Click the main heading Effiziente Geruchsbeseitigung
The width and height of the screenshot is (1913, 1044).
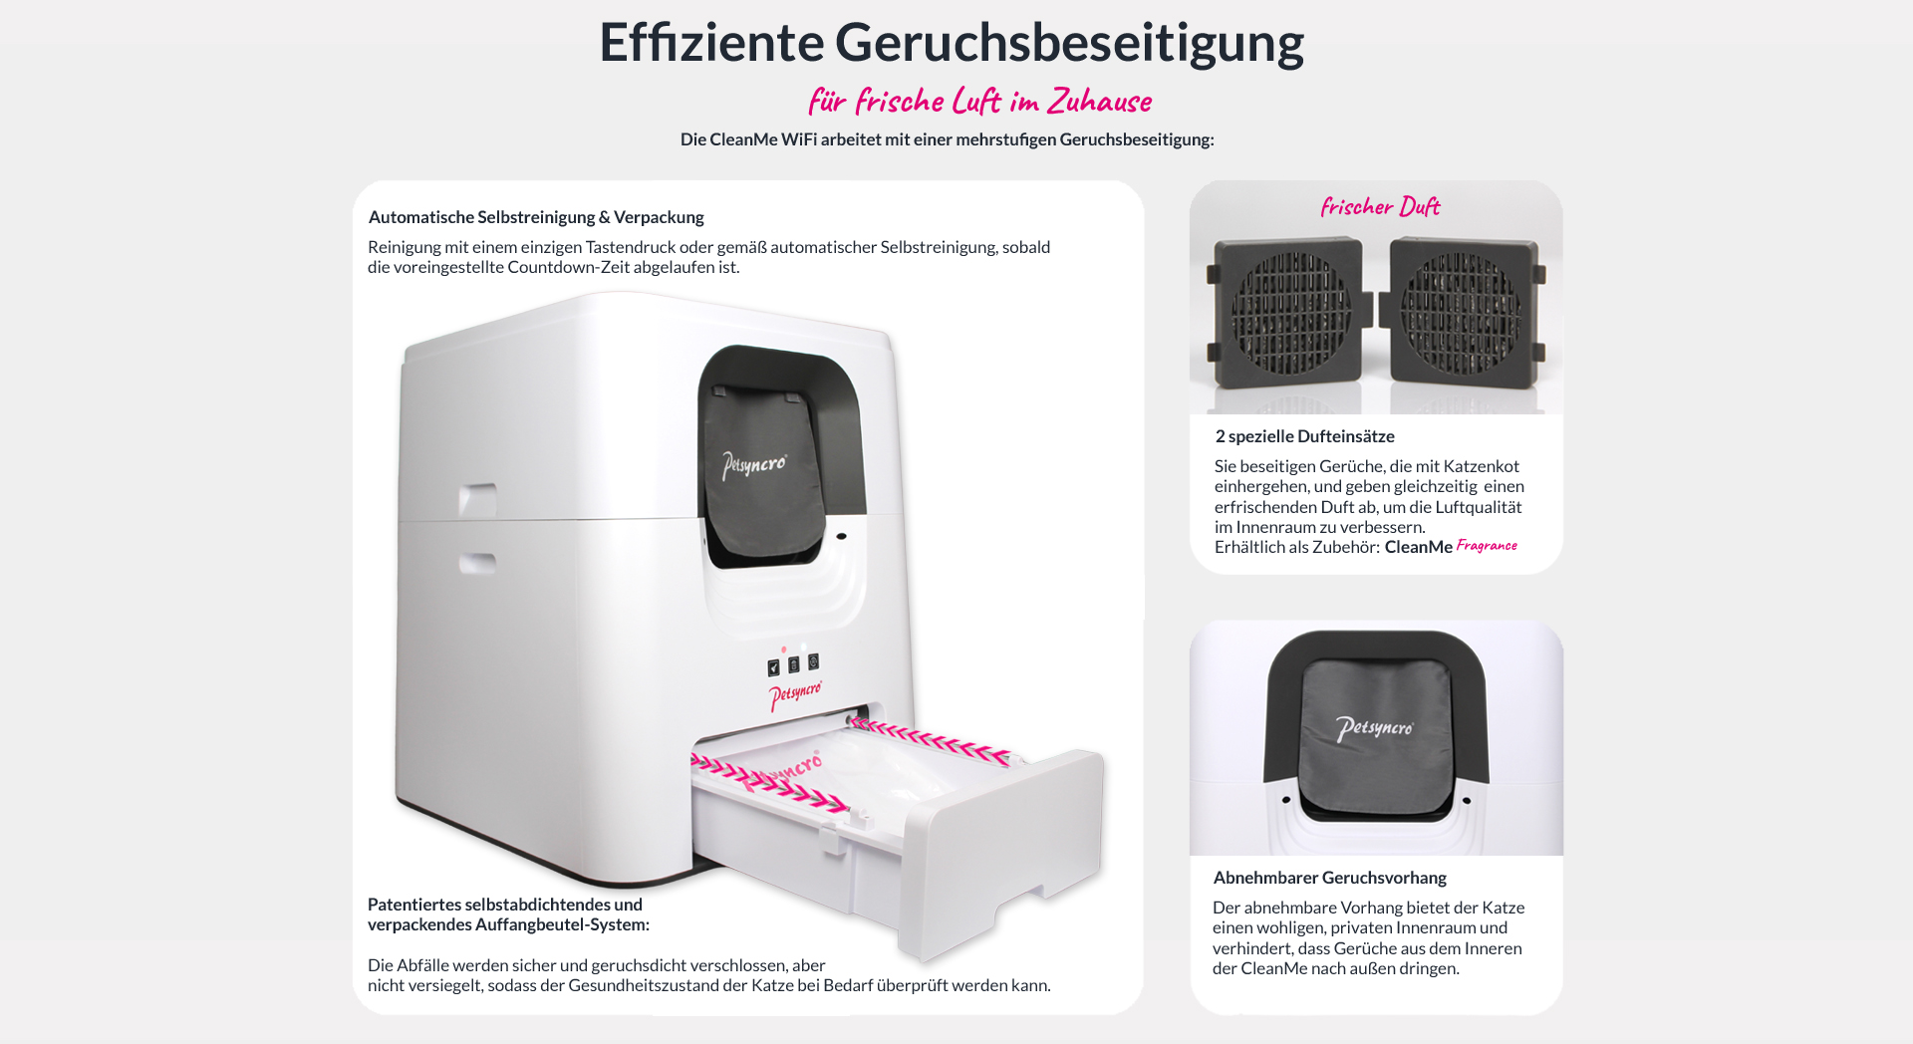(x=952, y=43)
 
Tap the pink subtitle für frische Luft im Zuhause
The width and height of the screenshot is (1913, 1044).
(x=980, y=101)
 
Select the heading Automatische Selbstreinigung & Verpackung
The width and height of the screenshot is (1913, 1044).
(x=536, y=217)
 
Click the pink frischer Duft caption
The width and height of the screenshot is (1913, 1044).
(x=1380, y=206)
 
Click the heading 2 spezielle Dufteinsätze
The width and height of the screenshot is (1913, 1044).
(x=1304, y=436)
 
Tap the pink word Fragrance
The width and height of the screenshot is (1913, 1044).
(x=1487, y=545)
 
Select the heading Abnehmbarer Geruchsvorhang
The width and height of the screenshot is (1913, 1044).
(x=1329, y=878)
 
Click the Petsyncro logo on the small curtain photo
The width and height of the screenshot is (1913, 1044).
(x=1375, y=728)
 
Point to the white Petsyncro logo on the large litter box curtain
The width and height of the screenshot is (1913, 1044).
(x=754, y=465)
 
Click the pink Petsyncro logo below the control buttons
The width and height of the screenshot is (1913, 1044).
(x=795, y=694)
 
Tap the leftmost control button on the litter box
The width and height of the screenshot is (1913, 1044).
(x=773, y=667)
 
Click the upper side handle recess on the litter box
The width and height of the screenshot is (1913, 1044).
(x=478, y=501)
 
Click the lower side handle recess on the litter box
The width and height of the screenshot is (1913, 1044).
(x=477, y=564)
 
